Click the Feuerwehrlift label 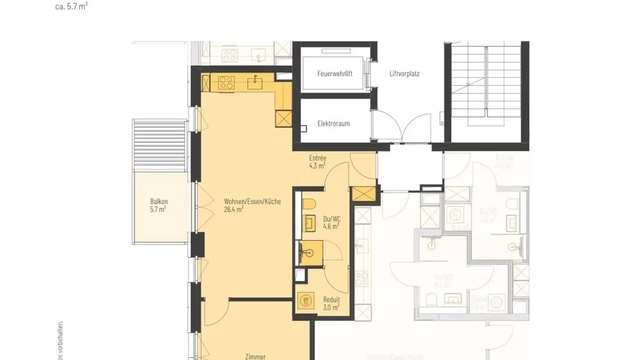point(335,74)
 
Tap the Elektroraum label point(333,124)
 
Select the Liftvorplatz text point(402,74)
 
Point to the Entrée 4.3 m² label point(318,162)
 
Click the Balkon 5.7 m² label point(159,205)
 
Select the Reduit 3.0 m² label point(331,304)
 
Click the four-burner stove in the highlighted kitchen point(226,83)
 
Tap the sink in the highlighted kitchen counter point(255,83)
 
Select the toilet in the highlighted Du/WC point(309,205)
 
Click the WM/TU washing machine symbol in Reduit point(306,301)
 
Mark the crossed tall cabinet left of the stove point(206,83)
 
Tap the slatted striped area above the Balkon point(159,146)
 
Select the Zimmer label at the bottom point(255,356)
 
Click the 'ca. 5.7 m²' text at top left point(71,6)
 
